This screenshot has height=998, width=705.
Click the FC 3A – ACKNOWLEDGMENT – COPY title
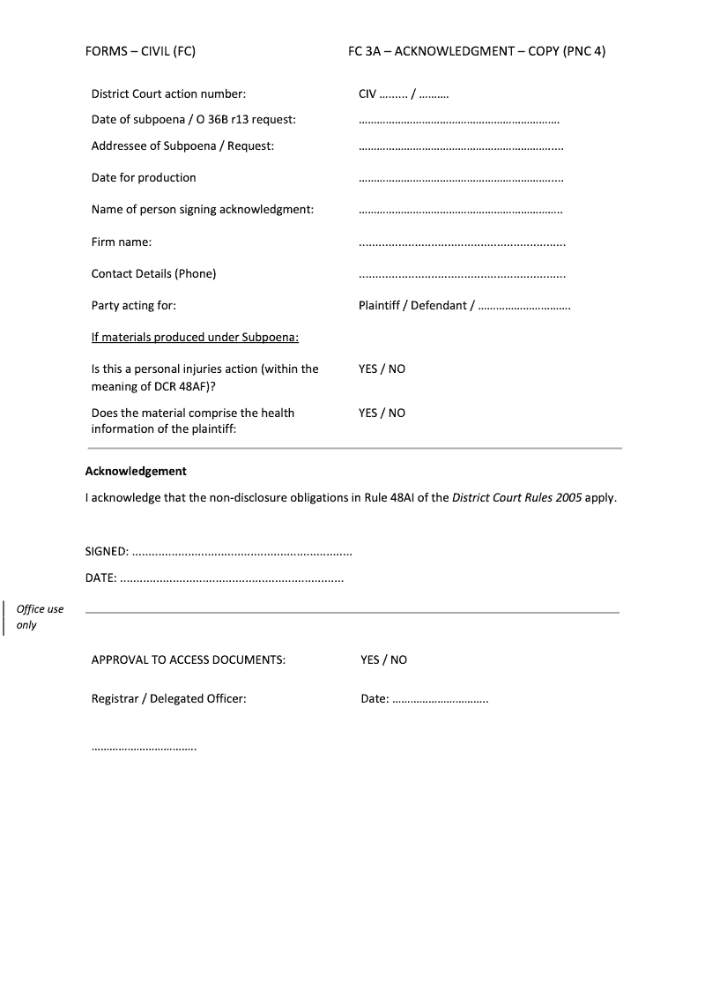click(x=476, y=51)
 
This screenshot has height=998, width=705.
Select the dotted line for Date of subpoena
click(x=459, y=121)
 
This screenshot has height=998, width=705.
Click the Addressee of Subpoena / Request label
click(x=182, y=145)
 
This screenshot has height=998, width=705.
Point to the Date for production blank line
click(x=461, y=179)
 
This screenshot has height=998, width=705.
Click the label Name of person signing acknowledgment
click(x=203, y=210)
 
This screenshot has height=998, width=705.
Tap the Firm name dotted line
click(x=462, y=243)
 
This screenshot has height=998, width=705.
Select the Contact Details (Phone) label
click(x=153, y=273)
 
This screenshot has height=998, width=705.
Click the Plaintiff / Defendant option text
click(x=416, y=306)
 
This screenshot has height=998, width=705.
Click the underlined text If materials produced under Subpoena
click(x=195, y=337)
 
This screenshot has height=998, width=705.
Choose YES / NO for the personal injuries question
click(x=382, y=369)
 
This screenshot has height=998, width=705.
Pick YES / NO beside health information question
click(x=382, y=413)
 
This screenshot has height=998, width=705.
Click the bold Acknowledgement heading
click(x=136, y=471)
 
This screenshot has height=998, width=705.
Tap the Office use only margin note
click(x=40, y=617)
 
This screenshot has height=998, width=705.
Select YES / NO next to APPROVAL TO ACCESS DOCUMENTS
click(x=383, y=659)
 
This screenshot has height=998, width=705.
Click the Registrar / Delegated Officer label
click(x=168, y=699)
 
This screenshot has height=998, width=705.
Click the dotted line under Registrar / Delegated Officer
click(x=144, y=748)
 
